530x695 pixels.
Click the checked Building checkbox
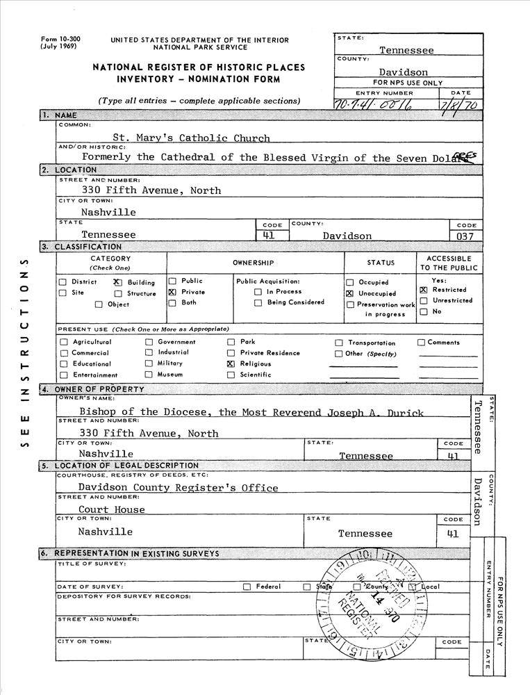coord(117,283)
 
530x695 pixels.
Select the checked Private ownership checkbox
coord(172,293)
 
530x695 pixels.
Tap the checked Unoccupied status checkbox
coord(350,294)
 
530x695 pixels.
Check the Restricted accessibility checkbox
coord(423,290)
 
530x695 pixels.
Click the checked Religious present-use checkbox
coord(231,363)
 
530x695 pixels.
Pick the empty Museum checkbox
coord(149,375)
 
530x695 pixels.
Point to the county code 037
coord(464,236)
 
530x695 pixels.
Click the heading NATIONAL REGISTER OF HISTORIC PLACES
coord(199,67)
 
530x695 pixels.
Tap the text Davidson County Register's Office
coord(178,487)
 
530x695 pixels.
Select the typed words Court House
coord(111,509)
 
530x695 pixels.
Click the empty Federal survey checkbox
coord(247,587)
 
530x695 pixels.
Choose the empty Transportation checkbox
coord(339,343)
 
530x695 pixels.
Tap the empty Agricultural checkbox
coord(64,342)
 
